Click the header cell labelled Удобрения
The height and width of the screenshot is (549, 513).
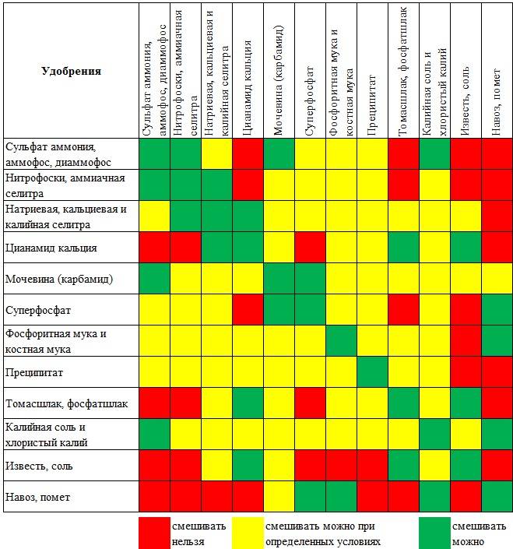point(71,71)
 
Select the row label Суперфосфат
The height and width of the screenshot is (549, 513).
point(38,310)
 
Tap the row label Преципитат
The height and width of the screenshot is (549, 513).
point(35,372)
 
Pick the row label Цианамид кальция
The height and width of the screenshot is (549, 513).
point(51,248)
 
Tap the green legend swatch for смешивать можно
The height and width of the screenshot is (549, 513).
point(434,532)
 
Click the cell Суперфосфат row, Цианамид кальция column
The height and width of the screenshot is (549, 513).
point(248,310)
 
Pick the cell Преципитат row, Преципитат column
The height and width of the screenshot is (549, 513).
point(372,372)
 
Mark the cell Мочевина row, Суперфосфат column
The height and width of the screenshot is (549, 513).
point(310,279)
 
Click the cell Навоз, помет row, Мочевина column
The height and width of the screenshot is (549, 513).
point(279,496)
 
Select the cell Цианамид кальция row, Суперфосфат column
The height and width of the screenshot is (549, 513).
point(310,248)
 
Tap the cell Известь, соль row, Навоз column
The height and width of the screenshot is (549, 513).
point(497,465)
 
